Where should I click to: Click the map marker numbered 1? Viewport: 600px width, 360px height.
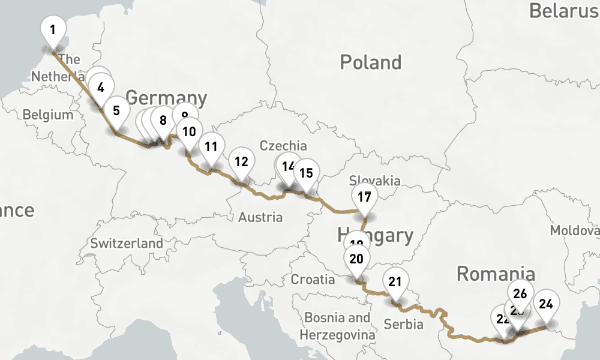[x=53, y=29]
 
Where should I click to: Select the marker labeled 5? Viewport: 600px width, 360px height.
[x=116, y=111]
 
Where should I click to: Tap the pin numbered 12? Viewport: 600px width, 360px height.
[x=241, y=161]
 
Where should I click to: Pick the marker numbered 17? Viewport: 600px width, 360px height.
[x=364, y=197]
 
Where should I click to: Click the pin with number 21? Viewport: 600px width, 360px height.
[x=395, y=282]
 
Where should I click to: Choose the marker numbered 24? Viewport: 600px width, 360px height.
[x=546, y=304]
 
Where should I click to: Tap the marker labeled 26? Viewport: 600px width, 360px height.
[x=521, y=293]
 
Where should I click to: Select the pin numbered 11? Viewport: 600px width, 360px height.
[x=211, y=146]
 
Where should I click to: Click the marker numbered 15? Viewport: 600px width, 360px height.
[x=306, y=173]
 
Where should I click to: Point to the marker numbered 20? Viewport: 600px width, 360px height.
[x=356, y=259]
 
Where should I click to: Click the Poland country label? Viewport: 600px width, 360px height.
[x=370, y=62]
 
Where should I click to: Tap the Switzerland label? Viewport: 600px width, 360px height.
[x=126, y=243]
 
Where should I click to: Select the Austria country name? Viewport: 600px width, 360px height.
[x=260, y=217]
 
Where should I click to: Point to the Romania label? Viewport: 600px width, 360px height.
[x=496, y=273]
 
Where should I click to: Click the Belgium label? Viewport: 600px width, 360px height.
[x=47, y=115]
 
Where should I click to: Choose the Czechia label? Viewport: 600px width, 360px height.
[x=283, y=146]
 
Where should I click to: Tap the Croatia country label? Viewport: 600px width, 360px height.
[x=313, y=279]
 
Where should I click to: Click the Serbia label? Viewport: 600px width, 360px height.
[x=403, y=325]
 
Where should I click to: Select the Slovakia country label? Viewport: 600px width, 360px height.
[x=375, y=181]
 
